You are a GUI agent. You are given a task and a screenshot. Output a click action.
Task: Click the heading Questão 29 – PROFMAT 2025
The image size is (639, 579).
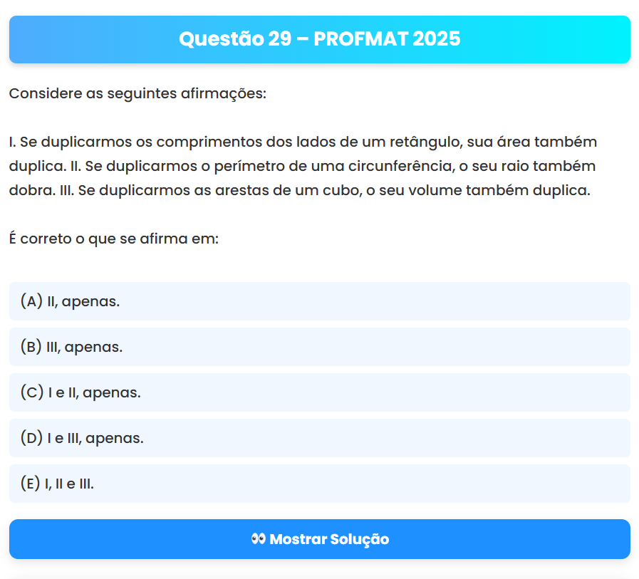(319, 38)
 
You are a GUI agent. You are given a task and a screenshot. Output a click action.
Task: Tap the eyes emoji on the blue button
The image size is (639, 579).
(259, 539)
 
